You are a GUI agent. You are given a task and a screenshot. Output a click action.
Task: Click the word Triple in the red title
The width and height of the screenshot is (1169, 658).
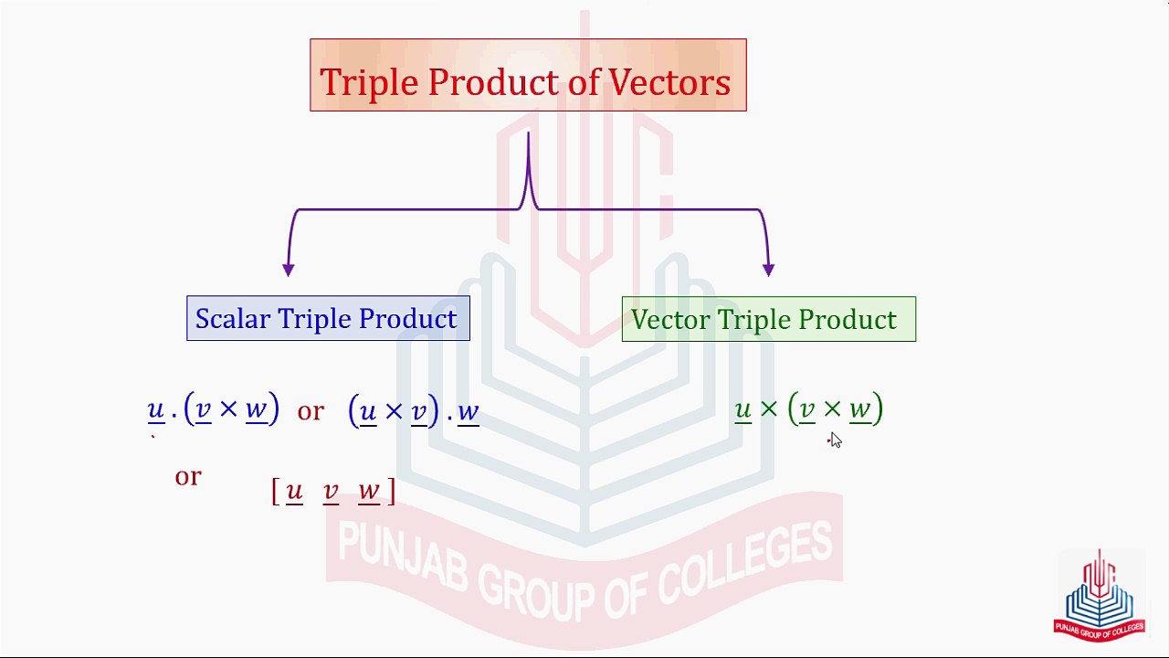click(370, 83)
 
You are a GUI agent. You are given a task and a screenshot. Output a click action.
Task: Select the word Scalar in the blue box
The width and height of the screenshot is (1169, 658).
click(232, 319)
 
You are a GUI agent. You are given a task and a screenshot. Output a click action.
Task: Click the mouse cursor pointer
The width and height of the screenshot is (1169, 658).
click(835, 440)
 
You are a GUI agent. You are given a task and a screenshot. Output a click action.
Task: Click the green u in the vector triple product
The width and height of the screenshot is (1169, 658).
click(742, 409)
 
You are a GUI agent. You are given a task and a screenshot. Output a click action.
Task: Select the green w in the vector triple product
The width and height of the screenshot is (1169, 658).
click(859, 409)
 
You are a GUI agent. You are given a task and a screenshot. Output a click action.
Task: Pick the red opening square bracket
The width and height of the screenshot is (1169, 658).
click(275, 492)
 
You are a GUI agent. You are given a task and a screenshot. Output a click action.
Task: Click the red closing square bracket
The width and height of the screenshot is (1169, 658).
click(392, 492)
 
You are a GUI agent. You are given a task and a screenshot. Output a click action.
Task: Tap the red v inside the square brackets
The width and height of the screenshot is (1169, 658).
click(331, 492)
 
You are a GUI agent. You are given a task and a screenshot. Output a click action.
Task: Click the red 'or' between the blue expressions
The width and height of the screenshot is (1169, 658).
click(311, 411)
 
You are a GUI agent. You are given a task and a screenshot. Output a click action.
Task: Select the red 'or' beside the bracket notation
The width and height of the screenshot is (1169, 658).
click(187, 476)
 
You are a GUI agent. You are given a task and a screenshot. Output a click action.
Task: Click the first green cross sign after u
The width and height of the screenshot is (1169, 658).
click(768, 409)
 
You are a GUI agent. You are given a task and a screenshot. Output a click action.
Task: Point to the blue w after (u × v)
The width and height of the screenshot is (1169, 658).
click(468, 411)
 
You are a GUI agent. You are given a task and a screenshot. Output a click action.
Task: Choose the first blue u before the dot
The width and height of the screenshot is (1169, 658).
click(155, 409)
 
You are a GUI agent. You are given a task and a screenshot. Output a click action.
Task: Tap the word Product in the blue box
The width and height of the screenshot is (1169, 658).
click(407, 319)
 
